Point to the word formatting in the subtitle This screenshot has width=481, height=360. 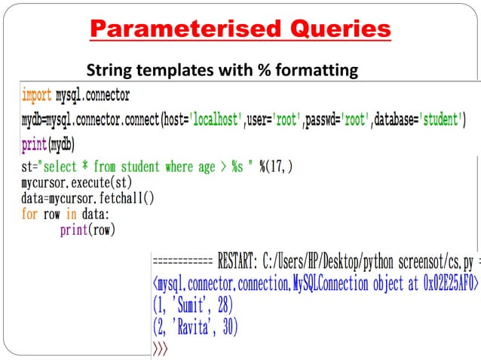[312, 71]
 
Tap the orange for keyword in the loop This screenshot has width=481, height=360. [29, 214]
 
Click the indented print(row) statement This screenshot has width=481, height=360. [87, 230]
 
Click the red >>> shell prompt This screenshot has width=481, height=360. [160, 349]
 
